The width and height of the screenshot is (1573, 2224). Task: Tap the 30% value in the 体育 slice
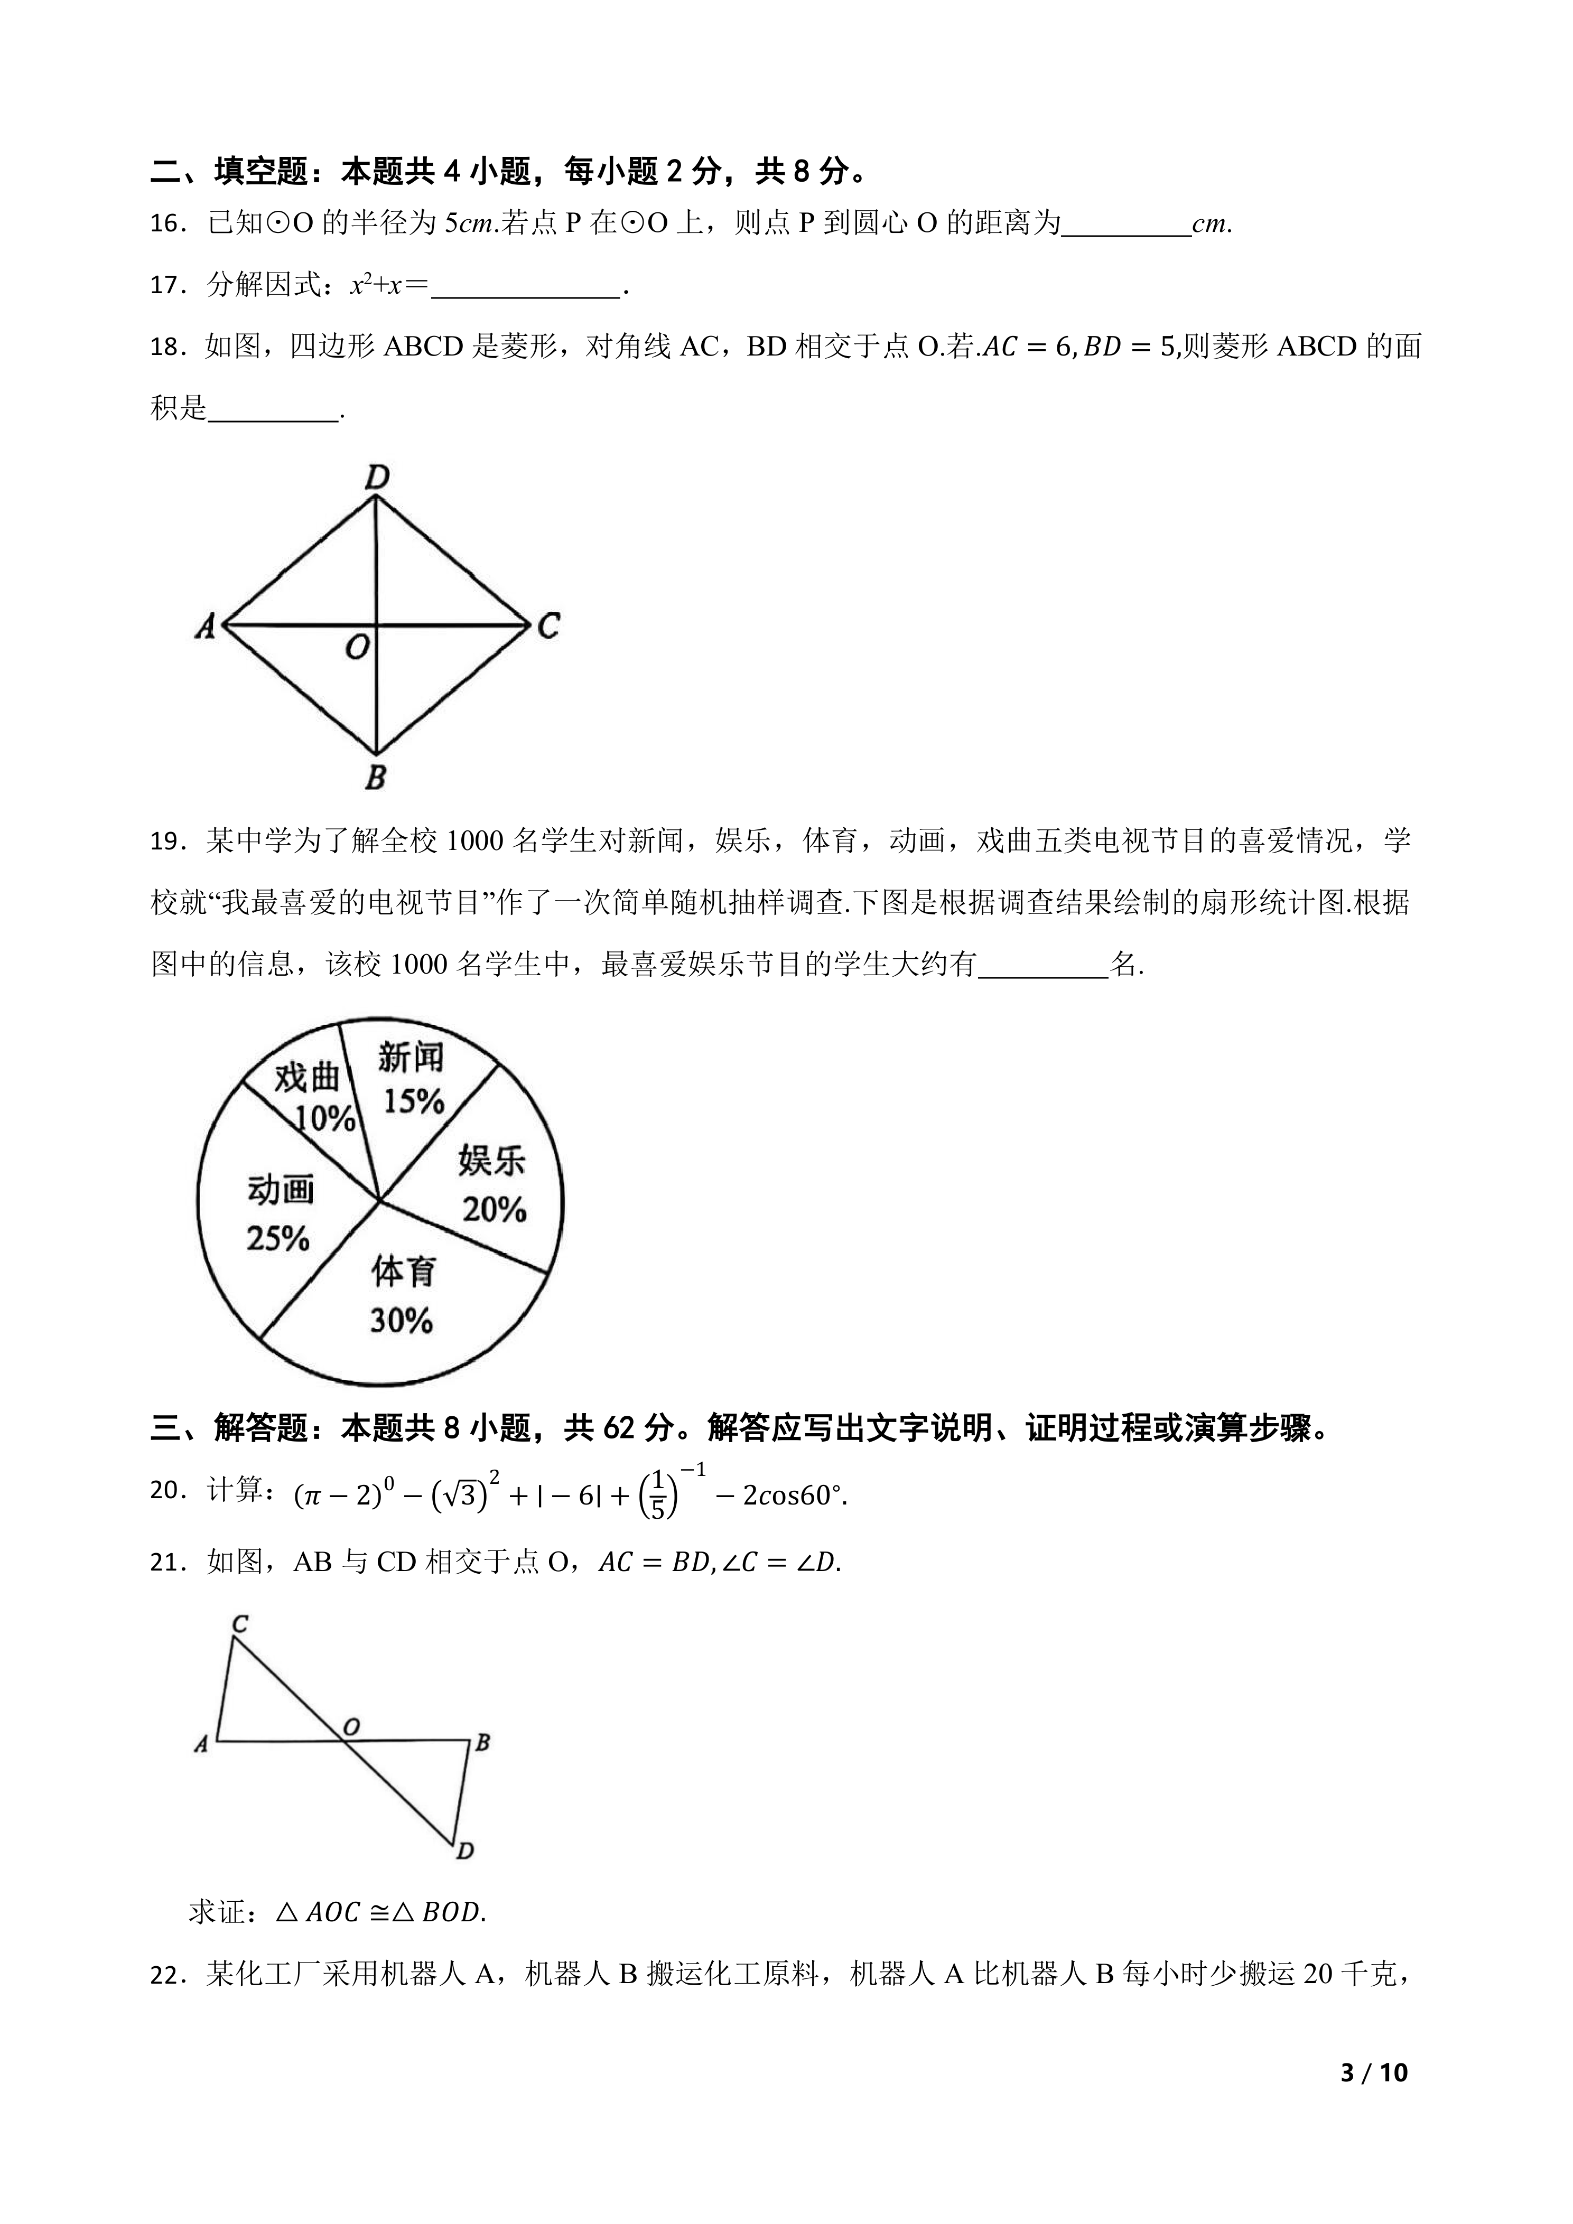[401, 1320]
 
